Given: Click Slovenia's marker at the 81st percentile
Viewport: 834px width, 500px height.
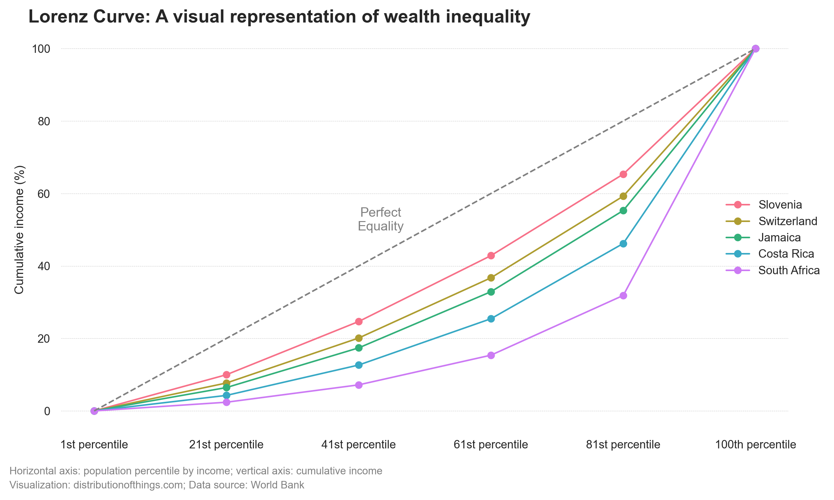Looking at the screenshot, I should (x=623, y=174).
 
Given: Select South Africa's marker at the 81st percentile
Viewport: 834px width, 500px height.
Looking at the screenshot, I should (x=623, y=295).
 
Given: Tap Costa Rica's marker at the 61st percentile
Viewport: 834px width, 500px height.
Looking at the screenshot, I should (x=491, y=319).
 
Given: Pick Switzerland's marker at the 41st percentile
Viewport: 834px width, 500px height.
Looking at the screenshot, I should (x=359, y=338).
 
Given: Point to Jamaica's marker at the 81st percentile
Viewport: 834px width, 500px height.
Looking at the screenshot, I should (x=623, y=210).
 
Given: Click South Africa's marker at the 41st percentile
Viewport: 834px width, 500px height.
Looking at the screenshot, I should (x=359, y=385).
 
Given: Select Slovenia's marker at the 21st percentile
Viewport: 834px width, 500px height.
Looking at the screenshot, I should (x=226, y=375).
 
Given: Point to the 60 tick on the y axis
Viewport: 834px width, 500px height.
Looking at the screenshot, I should (x=44, y=194).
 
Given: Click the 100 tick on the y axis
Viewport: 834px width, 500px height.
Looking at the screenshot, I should (x=41, y=49).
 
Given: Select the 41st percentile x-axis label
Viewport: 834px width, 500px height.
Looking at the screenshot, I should (x=358, y=444).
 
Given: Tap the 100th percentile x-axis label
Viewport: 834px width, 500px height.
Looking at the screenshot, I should (x=755, y=444).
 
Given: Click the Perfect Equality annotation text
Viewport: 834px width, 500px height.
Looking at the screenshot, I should (x=380, y=219).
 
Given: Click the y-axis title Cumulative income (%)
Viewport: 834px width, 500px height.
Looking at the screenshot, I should (x=19, y=230).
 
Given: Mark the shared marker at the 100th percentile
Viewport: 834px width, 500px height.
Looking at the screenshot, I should (x=756, y=48).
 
